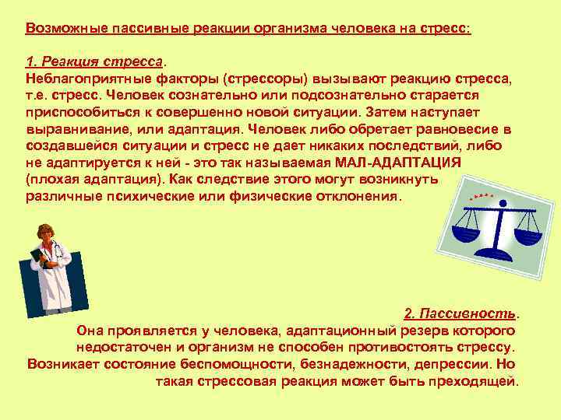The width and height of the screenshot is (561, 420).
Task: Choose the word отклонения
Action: [x=355, y=197]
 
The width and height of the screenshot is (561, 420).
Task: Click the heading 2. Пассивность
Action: [x=460, y=313]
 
